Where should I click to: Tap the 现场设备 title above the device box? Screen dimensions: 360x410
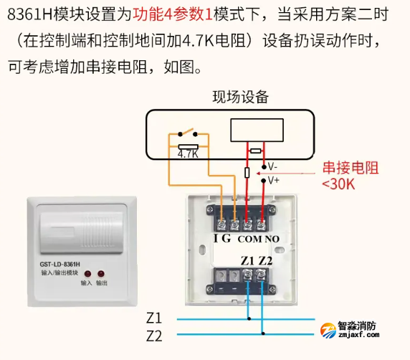[x=240, y=97]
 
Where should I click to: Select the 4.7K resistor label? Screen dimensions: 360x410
[x=187, y=153]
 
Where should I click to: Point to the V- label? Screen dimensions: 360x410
[x=273, y=166]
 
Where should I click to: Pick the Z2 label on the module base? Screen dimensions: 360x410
[x=266, y=260]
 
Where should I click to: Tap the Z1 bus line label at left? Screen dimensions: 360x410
[x=153, y=317]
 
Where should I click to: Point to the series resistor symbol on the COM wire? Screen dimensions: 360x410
[x=247, y=173]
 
